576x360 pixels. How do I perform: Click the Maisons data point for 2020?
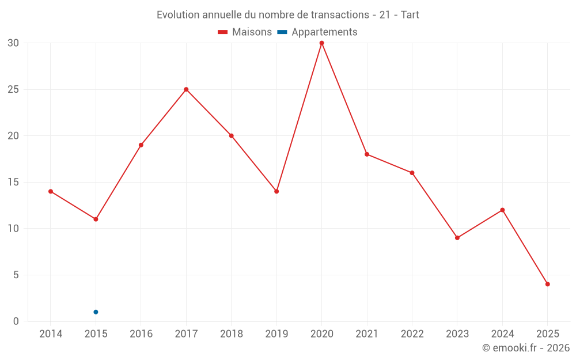(x=321, y=43)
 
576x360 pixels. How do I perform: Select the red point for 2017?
(x=186, y=89)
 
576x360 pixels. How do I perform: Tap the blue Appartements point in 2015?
(x=96, y=312)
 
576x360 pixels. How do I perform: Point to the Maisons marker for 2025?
(x=547, y=284)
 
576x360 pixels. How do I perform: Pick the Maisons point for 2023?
(x=457, y=238)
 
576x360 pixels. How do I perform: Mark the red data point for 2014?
(x=51, y=191)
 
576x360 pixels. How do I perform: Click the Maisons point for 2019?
(x=276, y=191)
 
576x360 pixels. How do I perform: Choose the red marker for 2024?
(x=502, y=210)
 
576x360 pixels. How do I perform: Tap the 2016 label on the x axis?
(x=141, y=334)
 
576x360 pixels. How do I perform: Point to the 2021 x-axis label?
(x=367, y=334)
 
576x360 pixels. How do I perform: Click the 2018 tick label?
(x=232, y=334)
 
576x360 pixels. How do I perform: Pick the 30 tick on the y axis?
(x=13, y=43)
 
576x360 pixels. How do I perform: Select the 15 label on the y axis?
(x=13, y=182)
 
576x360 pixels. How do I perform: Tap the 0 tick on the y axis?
(x=16, y=321)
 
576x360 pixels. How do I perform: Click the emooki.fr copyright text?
(x=526, y=348)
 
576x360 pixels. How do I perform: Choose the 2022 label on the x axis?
(x=412, y=334)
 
